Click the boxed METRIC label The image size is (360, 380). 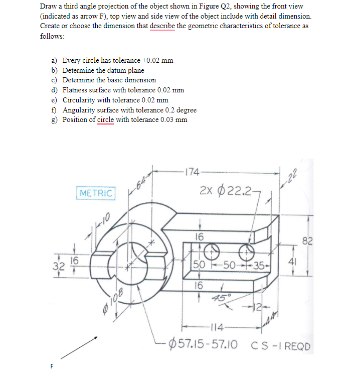96,193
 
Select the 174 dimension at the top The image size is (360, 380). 192,173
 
